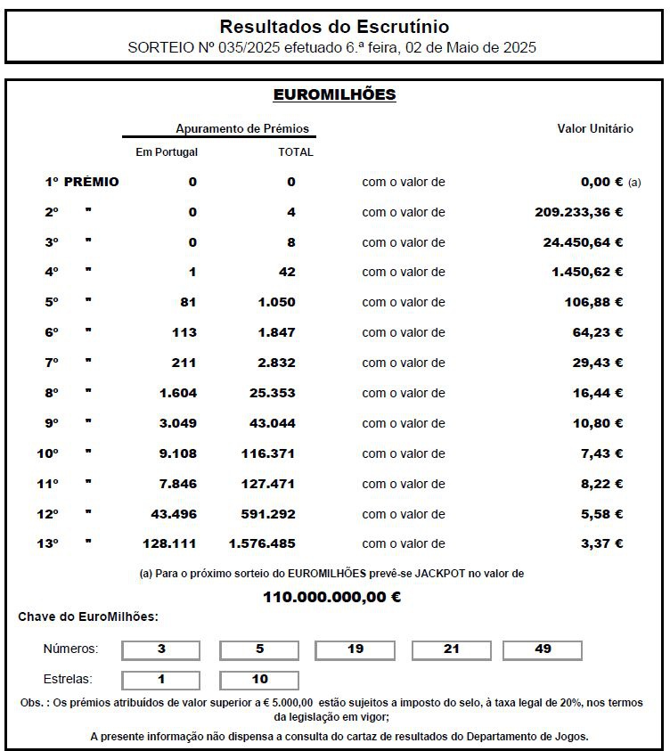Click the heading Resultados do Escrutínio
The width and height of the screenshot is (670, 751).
point(334,27)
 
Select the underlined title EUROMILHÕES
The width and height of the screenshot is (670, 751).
point(334,94)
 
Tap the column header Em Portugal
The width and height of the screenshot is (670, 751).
point(167,152)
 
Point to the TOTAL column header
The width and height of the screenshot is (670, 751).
point(296,152)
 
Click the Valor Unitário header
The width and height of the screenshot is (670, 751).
point(595,128)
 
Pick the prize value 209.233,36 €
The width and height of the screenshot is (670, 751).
point(572,212)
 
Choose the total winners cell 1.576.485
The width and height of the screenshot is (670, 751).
point(262,543)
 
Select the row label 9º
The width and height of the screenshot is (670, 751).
point(52,423)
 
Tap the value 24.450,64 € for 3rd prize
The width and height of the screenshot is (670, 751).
point(583,242)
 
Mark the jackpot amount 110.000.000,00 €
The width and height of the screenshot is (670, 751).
point(331,597)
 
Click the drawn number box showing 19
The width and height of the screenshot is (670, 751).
point(355,649)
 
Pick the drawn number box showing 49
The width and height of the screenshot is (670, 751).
point(543,649)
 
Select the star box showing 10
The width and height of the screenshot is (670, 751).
point(259,680)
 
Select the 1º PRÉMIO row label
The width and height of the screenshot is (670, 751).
point(82,182)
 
